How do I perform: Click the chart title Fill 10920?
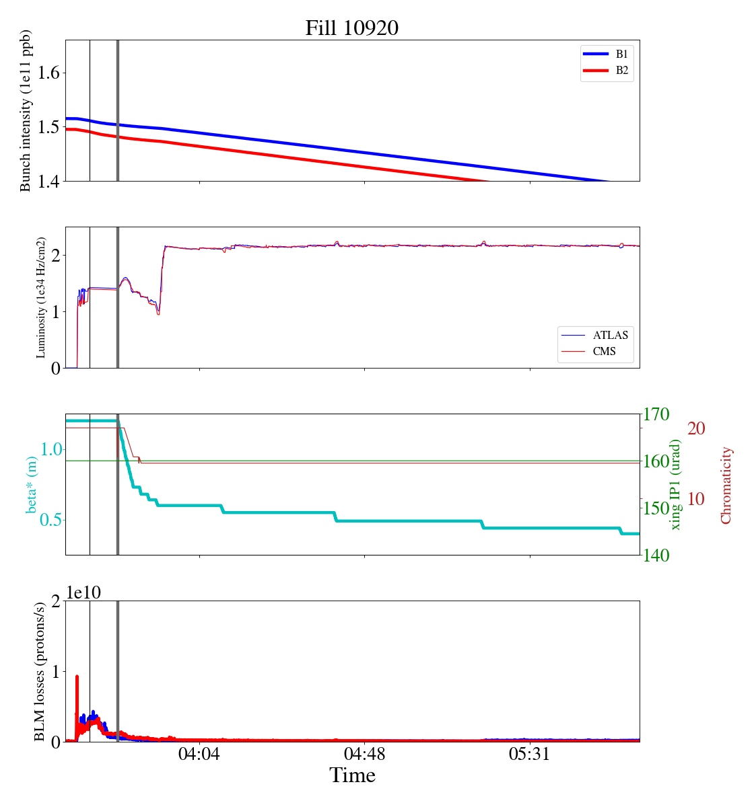coord(352,28)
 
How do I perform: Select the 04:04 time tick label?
coord(199,754)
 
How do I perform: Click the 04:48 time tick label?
coord(364,754)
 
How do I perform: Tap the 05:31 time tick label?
coord(530,754)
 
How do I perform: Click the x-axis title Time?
coord(352,775)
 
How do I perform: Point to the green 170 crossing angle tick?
coord(656,414)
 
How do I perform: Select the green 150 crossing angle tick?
coord(656,508)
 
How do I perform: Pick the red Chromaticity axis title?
coord(726,485)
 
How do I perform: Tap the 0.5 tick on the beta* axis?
coord(46,521)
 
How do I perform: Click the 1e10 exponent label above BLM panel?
coord(84,592)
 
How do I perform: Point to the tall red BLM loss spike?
coord(77,679)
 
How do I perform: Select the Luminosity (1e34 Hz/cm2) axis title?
coord(41,297)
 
